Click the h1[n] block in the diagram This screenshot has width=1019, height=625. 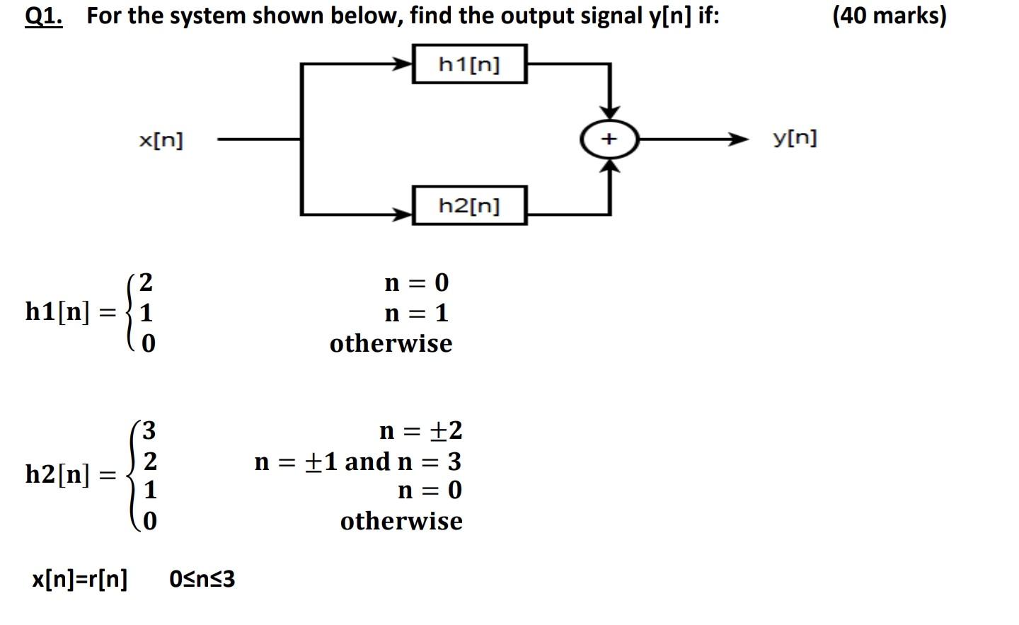point(469,64)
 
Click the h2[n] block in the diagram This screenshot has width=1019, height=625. point(469,206)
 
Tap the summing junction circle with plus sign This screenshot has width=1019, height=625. point(609,139)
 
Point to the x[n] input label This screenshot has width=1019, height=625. point(161,140)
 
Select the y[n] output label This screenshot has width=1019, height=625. point(795,137)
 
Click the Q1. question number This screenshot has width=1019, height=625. point(43,16)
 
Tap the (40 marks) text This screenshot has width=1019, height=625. point(889,15)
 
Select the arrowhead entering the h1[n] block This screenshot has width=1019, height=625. point(404,64)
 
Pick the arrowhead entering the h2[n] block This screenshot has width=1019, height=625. point(404,213)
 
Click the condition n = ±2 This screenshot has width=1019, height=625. point(420,430)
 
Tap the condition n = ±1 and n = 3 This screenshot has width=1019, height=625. point(357,461)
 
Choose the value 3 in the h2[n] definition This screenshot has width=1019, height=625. point(149,430)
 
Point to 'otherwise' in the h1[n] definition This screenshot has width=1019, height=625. point(391,343)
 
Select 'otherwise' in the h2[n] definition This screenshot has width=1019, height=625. point(401,521)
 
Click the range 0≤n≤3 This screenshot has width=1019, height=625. point(202,579)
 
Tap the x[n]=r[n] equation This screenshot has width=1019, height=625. point(80,579)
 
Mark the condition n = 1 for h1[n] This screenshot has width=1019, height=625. point(416,312)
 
